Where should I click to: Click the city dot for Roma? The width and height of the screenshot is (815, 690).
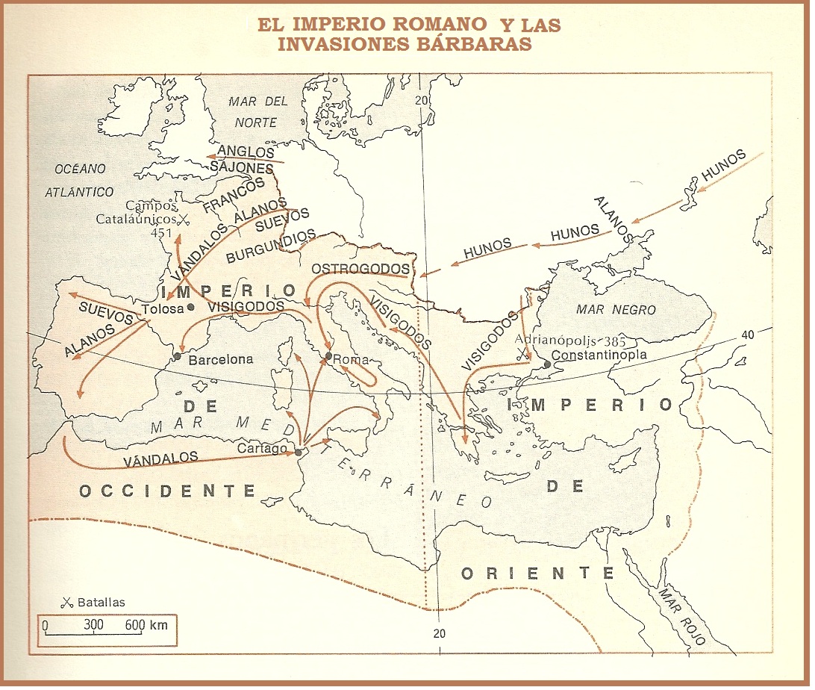[x=328, y=355]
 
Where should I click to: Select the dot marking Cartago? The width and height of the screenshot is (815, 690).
[x=299, y=452]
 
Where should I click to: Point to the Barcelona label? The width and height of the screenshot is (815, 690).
[x=220, y=359]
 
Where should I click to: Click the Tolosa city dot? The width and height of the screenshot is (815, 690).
[x=192, y=307]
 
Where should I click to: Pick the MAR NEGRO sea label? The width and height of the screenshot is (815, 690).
[x=616, y=309]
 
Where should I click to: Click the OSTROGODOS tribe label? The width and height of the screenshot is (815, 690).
[x=360, y=268]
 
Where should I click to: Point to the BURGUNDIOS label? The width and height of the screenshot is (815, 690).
[x=271, y=247]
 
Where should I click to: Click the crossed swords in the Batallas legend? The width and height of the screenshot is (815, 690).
[x=66, y=603]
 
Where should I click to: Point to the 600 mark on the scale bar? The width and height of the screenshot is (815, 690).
[x=134, y=625]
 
